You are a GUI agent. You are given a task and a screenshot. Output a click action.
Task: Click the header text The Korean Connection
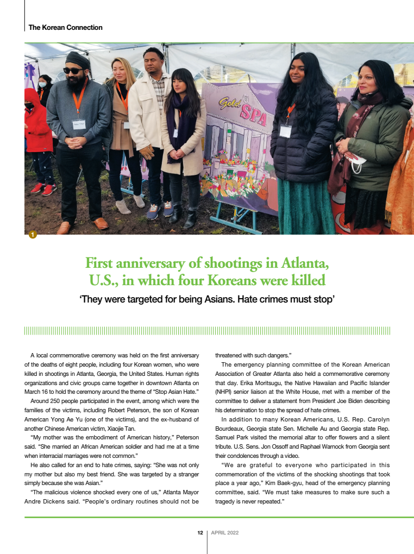[65, 27]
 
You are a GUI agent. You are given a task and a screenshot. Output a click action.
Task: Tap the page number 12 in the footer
[199, 532]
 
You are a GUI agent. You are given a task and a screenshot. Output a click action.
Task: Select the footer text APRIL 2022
[224, 532]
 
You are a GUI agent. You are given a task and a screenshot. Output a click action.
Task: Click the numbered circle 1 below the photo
[33, 235]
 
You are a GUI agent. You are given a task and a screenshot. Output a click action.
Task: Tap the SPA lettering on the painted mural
[253, 113]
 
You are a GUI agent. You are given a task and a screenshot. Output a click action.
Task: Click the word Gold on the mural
[230, 103]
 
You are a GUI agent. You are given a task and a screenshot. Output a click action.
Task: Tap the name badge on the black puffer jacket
[285, 131]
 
